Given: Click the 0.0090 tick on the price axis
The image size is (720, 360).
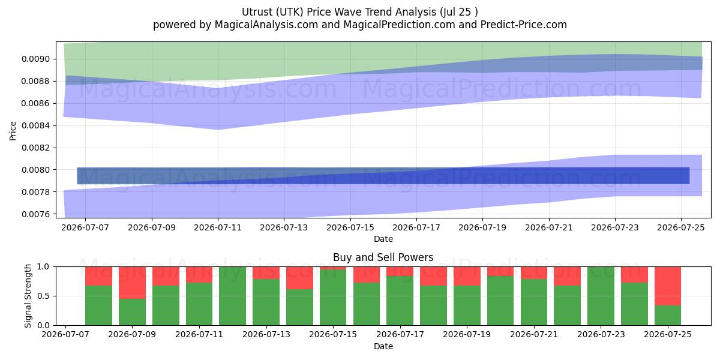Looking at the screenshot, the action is pyautogui.click(x=36, y=59).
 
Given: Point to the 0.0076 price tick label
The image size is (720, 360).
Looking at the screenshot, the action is pyautogui.click(x=36, y=214).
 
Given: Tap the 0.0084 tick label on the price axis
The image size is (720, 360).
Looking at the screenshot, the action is pyautogui.click(x=36, y=125).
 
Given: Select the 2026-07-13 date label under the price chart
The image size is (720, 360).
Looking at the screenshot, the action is pyautogui.click(x=284, y=227).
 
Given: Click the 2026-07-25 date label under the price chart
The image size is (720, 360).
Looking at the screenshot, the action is pyautogui.click(x=681, y=227).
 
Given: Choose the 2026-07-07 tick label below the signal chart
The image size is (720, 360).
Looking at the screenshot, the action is pyautogui.click(x=65, y=334).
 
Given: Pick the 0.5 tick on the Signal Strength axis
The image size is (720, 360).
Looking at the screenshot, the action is pyautogui.click(x=43, y=296).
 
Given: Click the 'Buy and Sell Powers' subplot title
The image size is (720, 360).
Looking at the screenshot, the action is pyautogui.click(x=383, y=257).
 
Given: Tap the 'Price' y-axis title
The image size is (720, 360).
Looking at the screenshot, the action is pyautogui.click(x=13, y=131).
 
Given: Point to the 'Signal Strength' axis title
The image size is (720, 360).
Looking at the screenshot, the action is pyautogui.click(x=28, y=296).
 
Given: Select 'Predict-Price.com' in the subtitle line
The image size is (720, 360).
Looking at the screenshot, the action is pyautogui.click(x=524, y=25).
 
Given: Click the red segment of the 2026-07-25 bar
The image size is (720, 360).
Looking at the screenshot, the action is pyautogui.click(x=668, y=286).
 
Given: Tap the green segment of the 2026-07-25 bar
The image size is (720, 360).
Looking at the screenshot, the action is pyautogui.click(x=668, y=316).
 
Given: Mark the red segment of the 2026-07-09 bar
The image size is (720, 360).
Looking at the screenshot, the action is pyautogui.click(x=132, y=283).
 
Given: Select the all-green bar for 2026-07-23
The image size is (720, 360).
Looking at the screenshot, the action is pyautogui.click(x=601, y=296).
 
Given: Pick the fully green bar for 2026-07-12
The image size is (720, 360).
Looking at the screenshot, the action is pyautogui.click(x=232, y=296).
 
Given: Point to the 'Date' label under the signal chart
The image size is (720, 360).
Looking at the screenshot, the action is pyautogui.click(x=383, y=346).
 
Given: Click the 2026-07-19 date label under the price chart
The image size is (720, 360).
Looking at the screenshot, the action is pyautogui.click(x=482, y=227).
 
